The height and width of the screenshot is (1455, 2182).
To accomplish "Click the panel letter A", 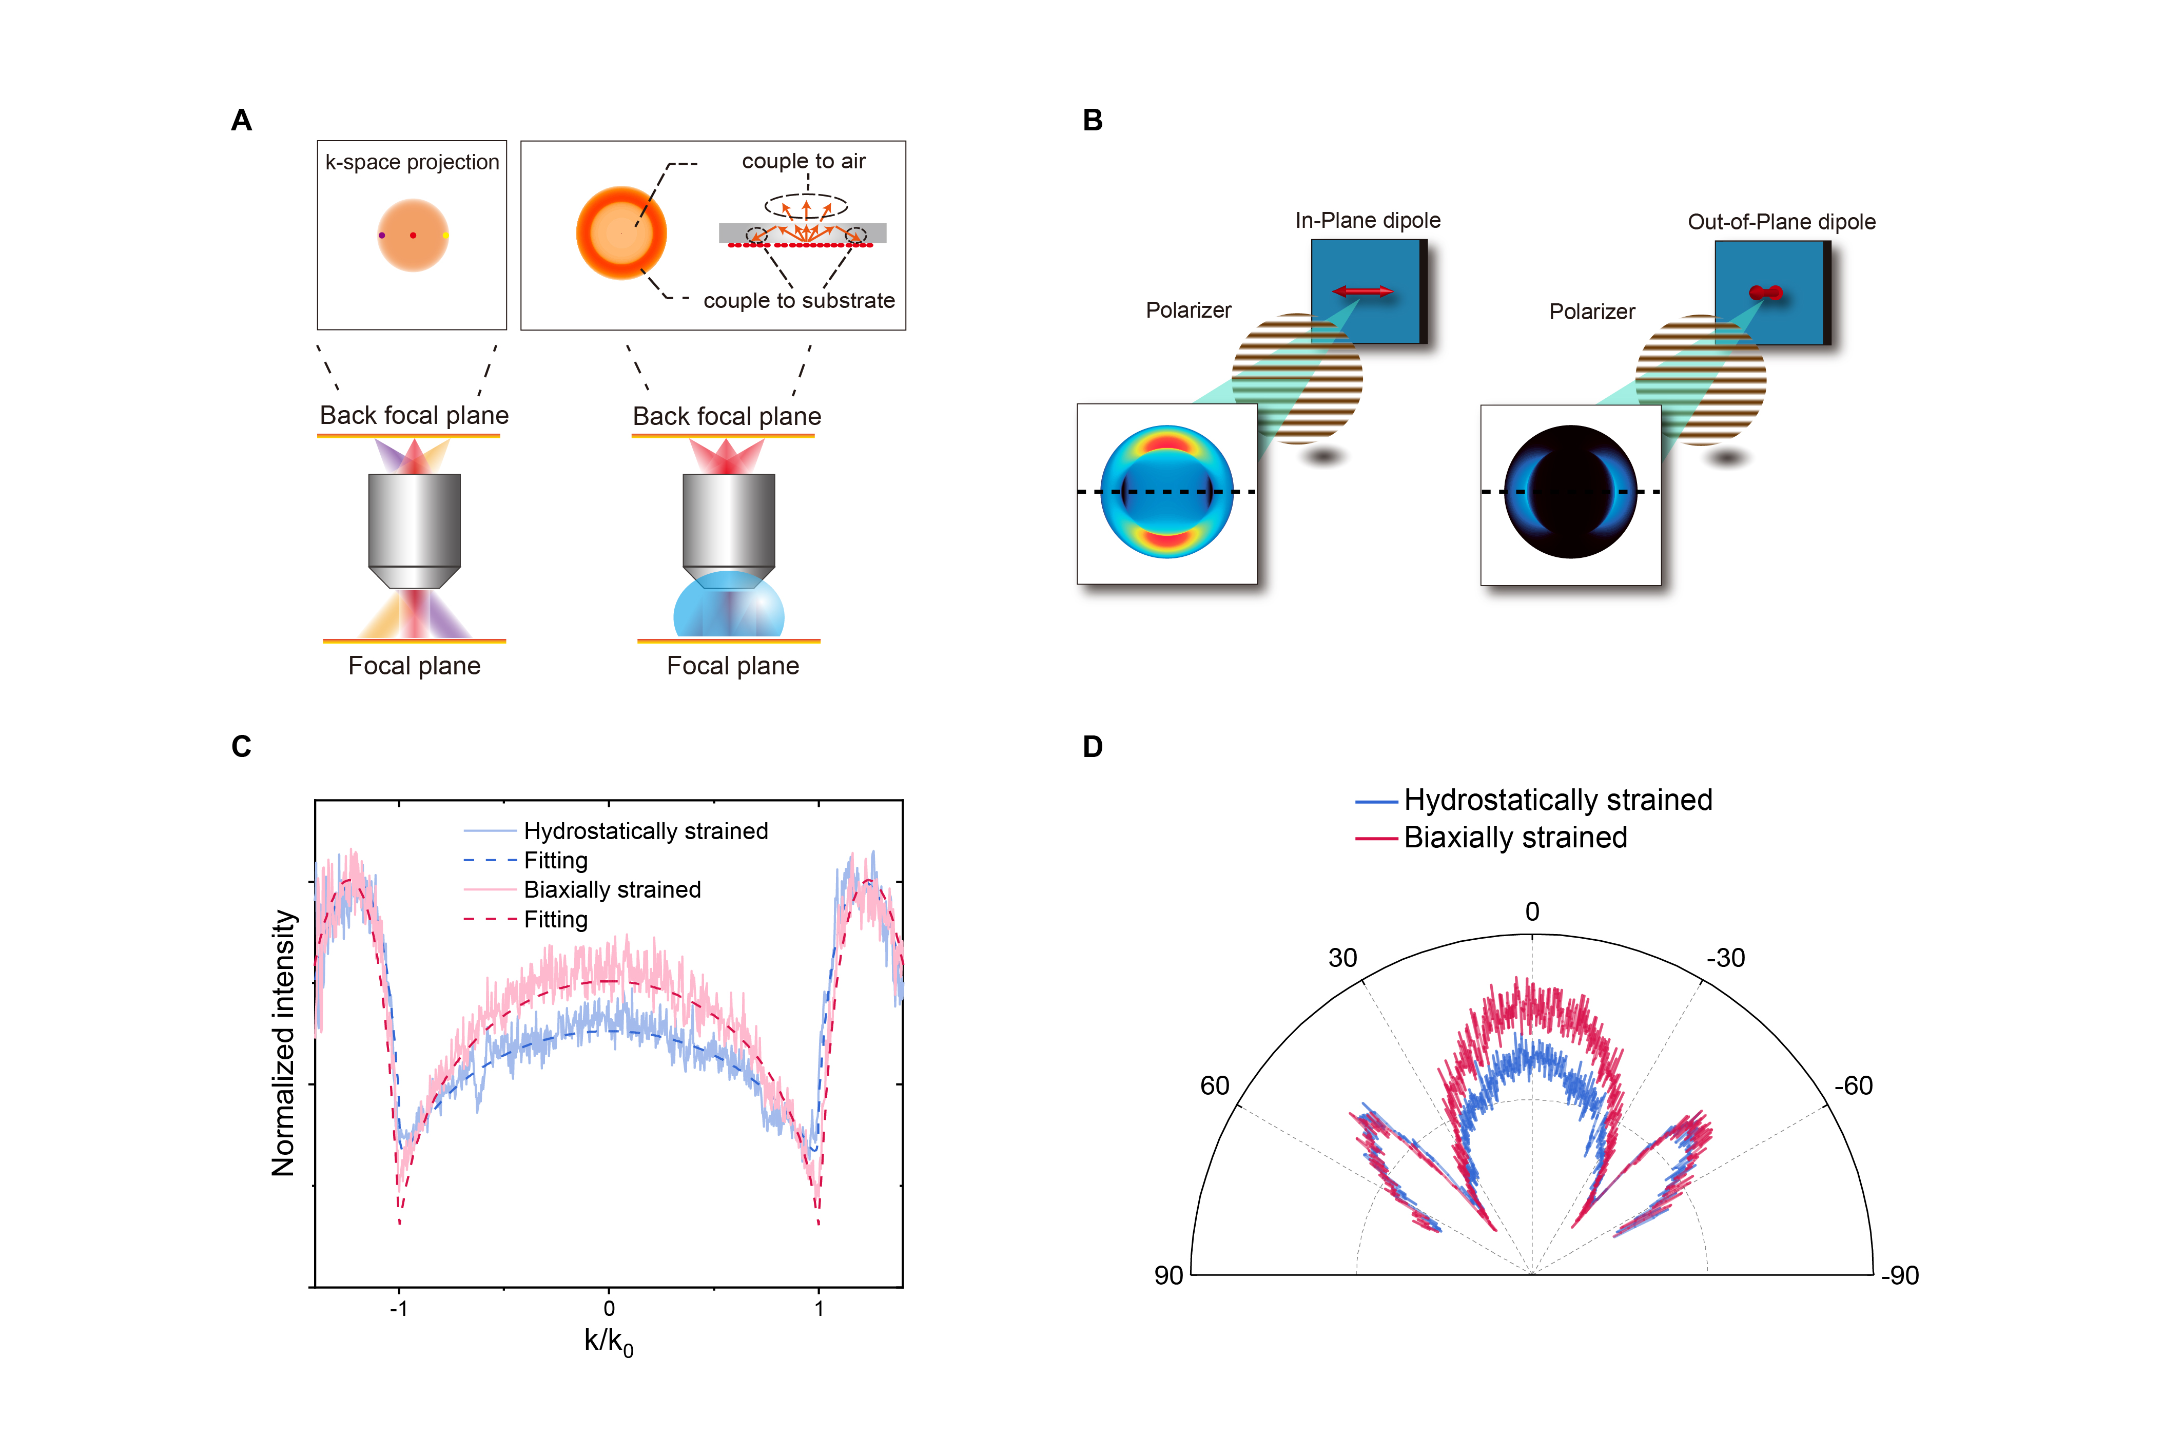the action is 241,121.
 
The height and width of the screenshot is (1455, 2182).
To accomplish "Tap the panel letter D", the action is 1093,747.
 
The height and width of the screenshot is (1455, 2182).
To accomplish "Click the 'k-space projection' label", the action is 412,162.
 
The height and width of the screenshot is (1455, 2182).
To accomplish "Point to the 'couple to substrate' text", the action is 799,301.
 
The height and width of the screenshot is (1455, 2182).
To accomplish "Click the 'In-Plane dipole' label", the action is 1368,221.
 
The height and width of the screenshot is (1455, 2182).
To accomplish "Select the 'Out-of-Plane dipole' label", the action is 1781,222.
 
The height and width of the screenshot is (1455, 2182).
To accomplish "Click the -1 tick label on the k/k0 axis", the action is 399,1308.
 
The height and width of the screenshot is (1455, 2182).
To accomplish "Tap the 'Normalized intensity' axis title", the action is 283,1043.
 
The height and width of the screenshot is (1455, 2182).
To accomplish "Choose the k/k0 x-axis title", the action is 609,1342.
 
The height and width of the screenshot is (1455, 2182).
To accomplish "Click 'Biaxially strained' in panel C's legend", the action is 612,890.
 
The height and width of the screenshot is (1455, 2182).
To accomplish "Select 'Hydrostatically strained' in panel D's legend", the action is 1557,800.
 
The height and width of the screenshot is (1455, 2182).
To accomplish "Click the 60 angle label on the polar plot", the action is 1214,1085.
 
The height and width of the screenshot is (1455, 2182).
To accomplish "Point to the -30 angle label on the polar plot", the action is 1726,958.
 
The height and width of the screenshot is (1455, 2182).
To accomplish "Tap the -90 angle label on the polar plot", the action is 1900,1276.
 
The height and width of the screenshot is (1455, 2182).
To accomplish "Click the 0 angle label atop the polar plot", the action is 1533,912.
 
